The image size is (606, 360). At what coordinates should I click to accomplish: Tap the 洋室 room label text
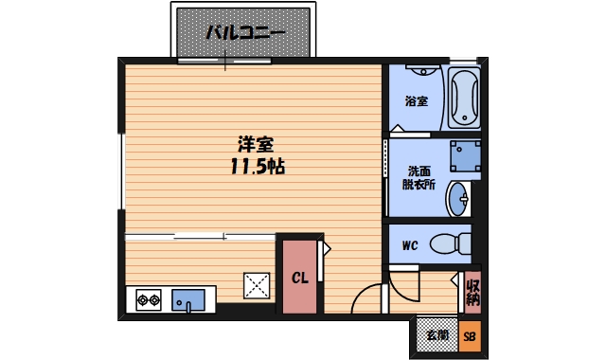pos(256,146)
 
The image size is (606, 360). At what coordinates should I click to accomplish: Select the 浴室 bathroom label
pos(416,100)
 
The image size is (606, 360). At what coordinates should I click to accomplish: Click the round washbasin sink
pos(461,199)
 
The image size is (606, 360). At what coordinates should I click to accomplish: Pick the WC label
pos(410,246)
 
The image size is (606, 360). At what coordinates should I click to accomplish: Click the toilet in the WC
pos(453,243)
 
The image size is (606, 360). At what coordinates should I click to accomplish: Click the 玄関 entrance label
pos(436,334)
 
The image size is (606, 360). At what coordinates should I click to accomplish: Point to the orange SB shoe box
pos(470,335)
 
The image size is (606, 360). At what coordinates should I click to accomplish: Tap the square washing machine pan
pos(464,153)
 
